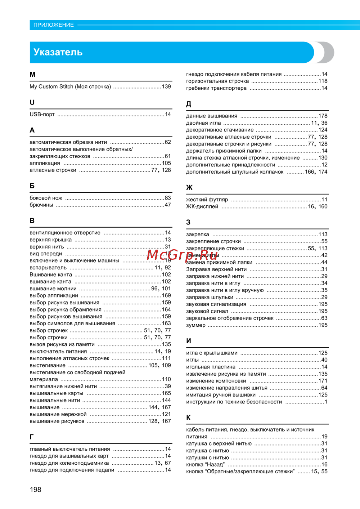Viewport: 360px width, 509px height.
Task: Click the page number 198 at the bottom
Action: (36, 490)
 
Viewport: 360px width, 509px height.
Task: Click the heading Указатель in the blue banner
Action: (58, 52)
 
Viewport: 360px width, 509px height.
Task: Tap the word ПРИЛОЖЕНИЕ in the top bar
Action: (54, 25)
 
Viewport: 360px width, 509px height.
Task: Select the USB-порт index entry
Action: (42, 115)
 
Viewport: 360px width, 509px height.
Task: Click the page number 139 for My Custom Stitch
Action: (166, 87)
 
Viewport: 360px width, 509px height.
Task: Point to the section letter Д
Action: (189, 104)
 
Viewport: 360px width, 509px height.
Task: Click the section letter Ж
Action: (189, 188)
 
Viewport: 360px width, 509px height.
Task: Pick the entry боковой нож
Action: (46, 198)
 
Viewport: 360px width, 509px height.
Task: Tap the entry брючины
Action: (41, 205)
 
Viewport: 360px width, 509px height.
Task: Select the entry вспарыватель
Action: (48, 268)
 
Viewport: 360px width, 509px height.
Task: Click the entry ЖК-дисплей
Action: (202, 207)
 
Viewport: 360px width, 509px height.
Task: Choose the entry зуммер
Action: (196, 325)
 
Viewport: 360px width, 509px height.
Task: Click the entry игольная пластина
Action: (211, 367)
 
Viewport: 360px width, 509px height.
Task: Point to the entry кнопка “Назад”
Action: (205, 465)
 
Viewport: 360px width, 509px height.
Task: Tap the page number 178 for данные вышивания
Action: (323, 116)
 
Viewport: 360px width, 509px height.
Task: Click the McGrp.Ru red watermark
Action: (183, 255)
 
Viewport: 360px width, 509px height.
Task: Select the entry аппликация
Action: (45, 163)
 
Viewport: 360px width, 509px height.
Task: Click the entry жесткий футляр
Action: (207, 200)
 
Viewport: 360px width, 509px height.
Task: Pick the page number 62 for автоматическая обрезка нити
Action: (168, 142)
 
